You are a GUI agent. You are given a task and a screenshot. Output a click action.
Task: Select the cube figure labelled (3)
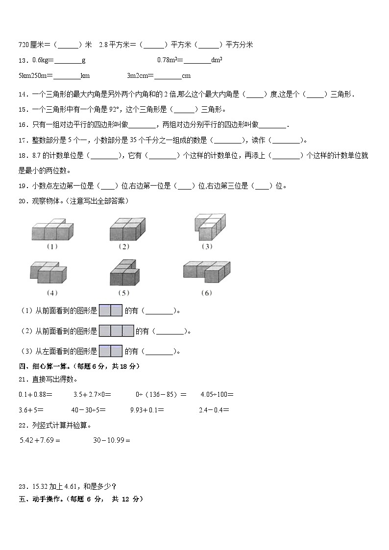click(208, 225)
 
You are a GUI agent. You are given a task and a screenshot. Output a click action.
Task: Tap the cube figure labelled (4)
click(48, 272)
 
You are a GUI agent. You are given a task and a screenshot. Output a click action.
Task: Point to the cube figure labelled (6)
click(206, 271)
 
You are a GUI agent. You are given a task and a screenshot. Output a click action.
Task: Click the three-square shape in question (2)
click(117, 331)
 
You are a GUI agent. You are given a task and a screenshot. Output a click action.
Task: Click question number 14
click(22, 95)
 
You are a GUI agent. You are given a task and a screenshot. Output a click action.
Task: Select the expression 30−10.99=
click(112, 440)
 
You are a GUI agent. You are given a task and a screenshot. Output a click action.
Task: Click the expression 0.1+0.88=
click(36, 394)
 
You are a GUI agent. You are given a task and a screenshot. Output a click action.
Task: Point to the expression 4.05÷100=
click(217, 394)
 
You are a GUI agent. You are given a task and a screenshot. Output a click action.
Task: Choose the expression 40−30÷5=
click(89, 410)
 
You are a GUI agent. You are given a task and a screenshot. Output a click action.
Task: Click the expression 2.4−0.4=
click(214, 410)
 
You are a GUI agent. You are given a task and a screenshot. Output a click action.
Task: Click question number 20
click(22, 200)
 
